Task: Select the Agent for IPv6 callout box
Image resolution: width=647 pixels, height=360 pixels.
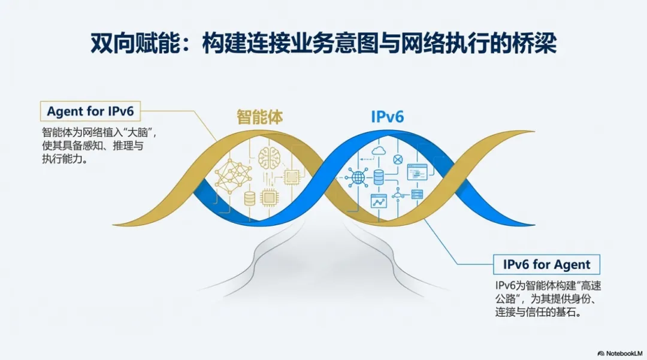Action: click(x=90, y=111)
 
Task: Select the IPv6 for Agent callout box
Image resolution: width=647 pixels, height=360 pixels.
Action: click(x=546, y=264)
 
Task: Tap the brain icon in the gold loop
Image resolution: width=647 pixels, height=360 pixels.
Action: click(x=270, y=157)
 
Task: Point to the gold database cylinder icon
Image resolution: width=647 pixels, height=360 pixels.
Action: click(x=250, y=198)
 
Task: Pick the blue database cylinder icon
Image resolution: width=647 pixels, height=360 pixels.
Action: click(x=378, y=177)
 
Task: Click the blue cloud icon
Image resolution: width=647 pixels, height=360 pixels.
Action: click(x=379, y=150)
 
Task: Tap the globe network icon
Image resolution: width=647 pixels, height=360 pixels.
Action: click(x=358, y=177)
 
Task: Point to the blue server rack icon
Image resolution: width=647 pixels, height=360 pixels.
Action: click(x=417, y=193)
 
